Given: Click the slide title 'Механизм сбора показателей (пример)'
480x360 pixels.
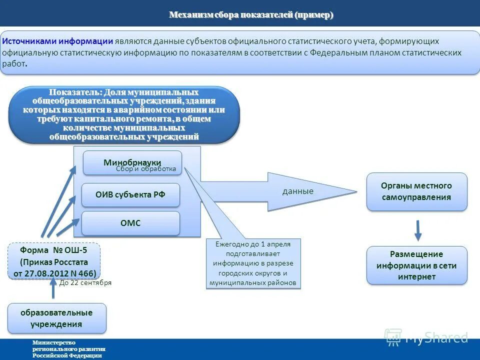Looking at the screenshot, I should coord(251,15).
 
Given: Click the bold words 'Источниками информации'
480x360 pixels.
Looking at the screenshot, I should coord(58,41).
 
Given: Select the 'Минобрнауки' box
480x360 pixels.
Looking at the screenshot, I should coord(132,162).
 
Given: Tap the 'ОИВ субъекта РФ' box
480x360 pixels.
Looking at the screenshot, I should coord(130,195).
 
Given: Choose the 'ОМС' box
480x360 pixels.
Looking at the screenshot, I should coord(130,223).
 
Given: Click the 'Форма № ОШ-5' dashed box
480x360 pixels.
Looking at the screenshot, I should coord(54,261).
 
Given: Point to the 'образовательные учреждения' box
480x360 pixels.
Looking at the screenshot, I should coord(56,318).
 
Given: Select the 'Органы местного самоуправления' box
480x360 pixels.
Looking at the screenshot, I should coord(416,191).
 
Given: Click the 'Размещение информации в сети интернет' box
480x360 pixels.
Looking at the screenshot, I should coord(416,265).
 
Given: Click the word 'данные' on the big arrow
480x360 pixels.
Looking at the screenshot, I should coord(298,191).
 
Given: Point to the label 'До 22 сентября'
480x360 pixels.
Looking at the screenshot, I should coord(85,282).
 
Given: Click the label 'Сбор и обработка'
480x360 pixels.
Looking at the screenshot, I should coord(146,169).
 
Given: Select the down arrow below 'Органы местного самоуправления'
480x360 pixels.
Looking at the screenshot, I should coord(418,230).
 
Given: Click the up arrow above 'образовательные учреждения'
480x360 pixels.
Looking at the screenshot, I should coord(53,288).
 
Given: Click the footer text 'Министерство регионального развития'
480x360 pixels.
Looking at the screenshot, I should coord(69,345).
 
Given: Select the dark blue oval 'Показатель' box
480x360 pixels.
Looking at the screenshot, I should coord(124,115).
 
